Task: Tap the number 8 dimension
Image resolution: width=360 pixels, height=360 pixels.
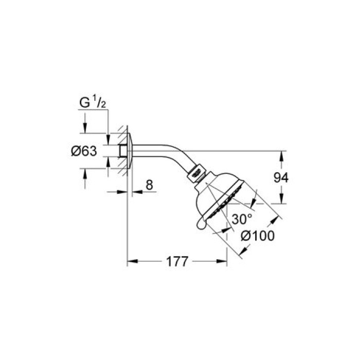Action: tap(149, 185)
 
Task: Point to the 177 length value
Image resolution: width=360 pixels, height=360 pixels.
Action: tap(176, 261)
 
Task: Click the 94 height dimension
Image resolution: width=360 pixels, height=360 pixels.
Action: tap(281, 177)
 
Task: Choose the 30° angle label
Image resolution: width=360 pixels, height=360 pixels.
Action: tap(242, 219)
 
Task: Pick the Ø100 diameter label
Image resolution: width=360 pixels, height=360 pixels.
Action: tap(257, 236)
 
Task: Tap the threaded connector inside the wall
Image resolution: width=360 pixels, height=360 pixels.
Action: tap(122, 151)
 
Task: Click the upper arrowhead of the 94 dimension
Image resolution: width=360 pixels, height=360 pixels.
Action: tap(281, 154)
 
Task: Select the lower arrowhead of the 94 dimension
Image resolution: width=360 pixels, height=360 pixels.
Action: tap(281, 201)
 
